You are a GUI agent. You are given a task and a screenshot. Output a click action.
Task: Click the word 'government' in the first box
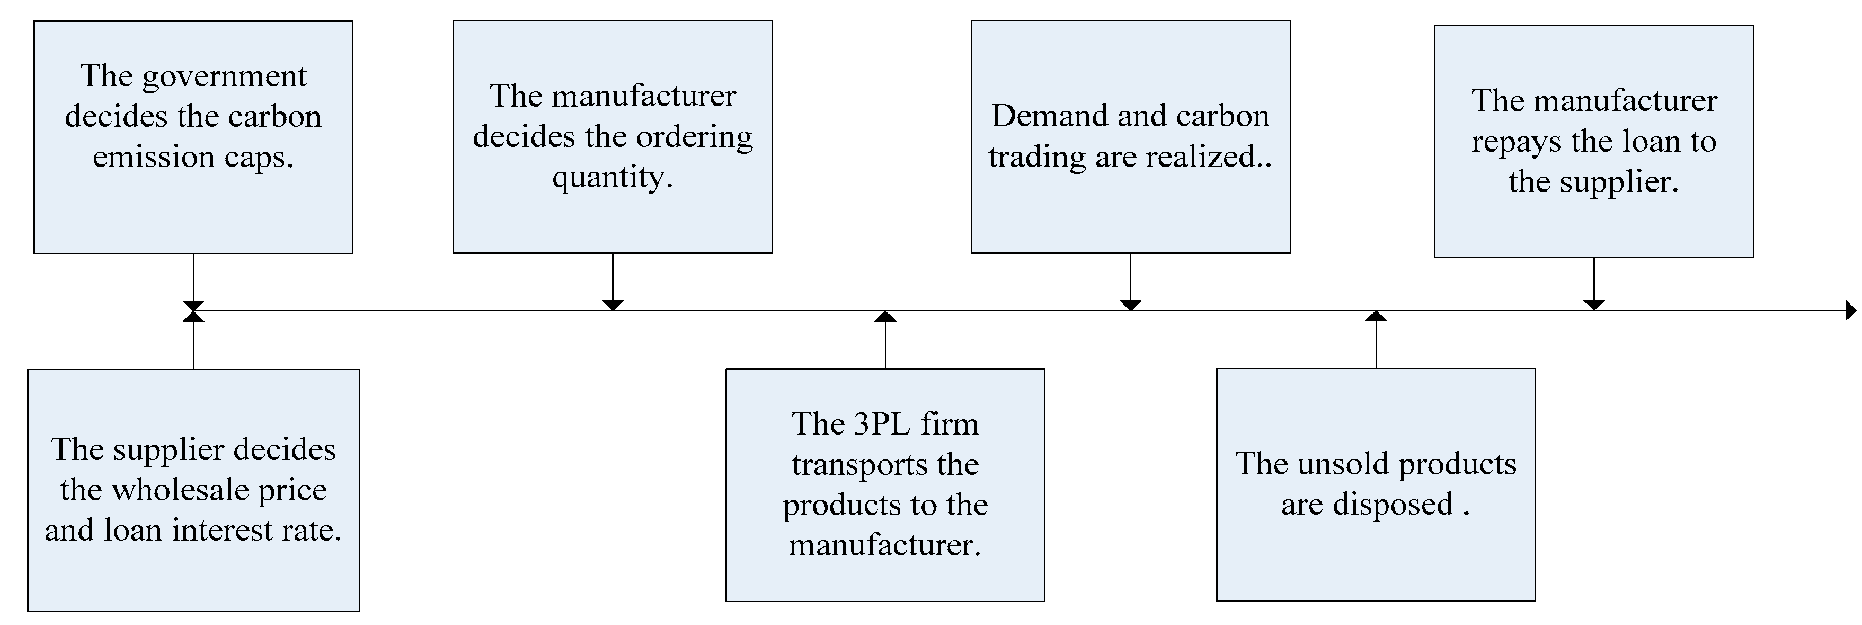(x=224, y=77)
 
